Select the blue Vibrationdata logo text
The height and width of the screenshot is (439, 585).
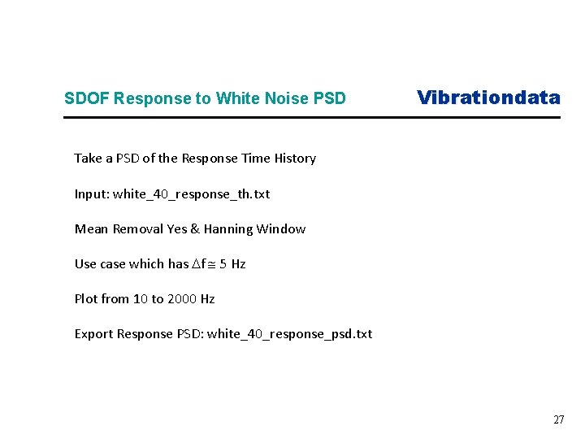point(488,98)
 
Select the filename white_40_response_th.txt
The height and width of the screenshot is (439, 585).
point(191,193)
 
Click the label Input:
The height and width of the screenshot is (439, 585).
point(92,193)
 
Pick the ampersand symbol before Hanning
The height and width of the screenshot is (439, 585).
point(195,228)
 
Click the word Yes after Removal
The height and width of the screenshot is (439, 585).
point(177,228)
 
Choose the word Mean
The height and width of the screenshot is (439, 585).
point(92,228)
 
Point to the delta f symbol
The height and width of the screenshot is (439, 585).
point(197,263)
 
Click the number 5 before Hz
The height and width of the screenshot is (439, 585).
point(223,263)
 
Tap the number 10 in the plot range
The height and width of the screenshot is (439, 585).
point(140,298)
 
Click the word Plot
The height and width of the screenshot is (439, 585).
point(86,298)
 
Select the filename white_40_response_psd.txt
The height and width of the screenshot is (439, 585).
point(289,333)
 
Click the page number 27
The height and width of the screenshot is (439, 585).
point(558,420)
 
